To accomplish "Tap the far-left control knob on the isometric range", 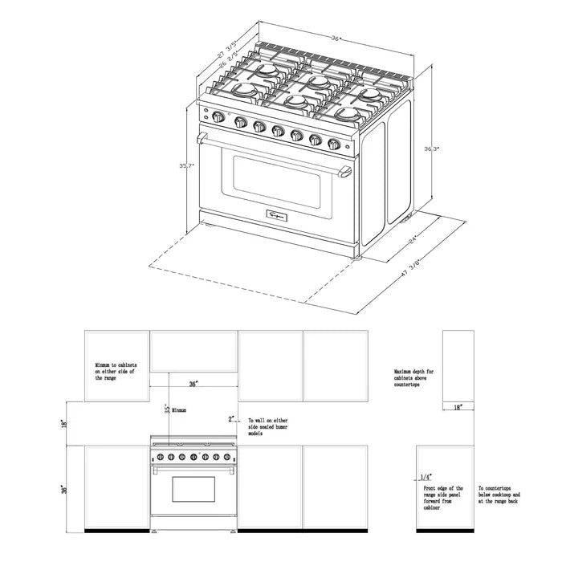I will tap(218, 120).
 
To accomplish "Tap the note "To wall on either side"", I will tap(268, 426).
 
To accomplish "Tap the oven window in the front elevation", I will tap(191, 489).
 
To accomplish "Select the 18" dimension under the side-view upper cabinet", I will tap(457, 409).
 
